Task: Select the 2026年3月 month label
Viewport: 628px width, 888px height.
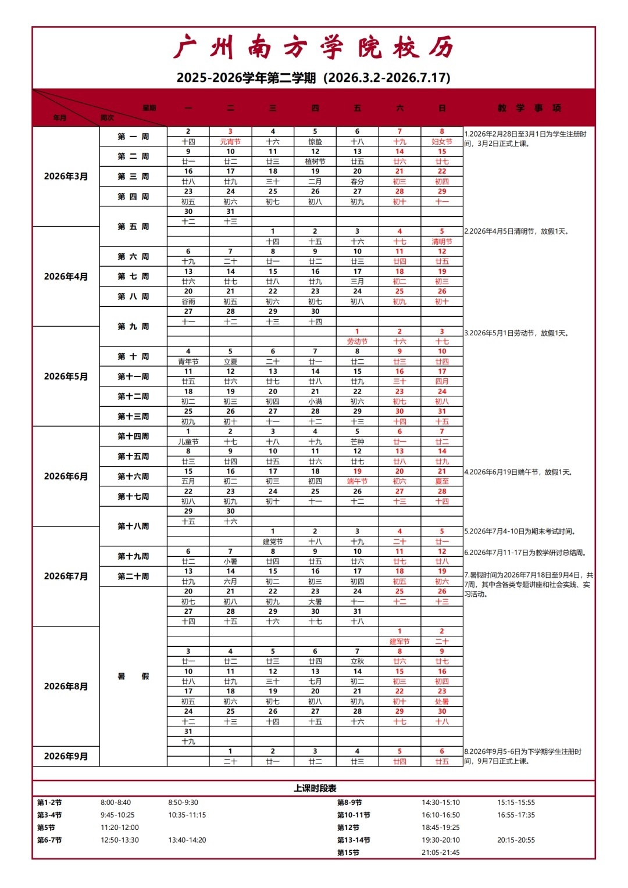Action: (x=66, y=176)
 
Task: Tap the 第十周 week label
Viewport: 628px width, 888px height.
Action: (x=133, y=356)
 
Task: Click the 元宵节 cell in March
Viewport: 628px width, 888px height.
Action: (x=230, y=142)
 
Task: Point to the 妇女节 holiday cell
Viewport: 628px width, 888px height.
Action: (x=442, y=142)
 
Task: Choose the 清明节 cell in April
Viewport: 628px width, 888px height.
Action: (x=442, y=242)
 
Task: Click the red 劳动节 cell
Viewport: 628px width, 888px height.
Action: (x=357, y=342)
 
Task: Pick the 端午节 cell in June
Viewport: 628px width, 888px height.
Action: (x=357, y=481)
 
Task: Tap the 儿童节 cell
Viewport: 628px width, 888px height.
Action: (x=188, y=442)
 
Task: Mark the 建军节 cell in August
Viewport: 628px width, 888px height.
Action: (x=399, y=642)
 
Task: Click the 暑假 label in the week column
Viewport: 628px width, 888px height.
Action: (x=133, y=676)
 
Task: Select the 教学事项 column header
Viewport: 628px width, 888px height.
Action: (x=529, y=108)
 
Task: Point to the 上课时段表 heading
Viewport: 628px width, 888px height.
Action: (x=315, y=788)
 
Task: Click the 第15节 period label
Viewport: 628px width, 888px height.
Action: (x=348, y=853)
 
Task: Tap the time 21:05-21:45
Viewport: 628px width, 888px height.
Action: (x=440, y=853)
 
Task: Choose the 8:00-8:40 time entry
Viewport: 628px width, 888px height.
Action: (x=116, y=803)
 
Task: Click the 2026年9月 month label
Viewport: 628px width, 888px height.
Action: (x=66, y=756)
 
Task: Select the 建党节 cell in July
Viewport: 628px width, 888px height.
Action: (x=273, y=542)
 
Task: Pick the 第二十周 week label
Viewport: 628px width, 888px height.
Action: (x=133, y=577)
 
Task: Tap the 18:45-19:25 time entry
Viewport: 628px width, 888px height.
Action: (x=440, y=828)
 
